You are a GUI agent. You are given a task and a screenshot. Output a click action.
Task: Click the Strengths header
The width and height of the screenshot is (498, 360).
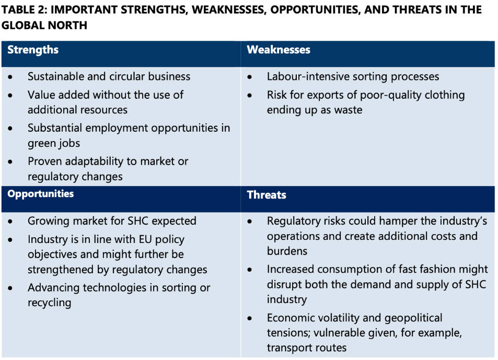tap(33, 50)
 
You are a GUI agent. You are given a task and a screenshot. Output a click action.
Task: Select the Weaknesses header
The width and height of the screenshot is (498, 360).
tap(279, 50)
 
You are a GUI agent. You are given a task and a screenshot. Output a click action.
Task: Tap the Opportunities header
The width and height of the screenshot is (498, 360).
tap(41, 194)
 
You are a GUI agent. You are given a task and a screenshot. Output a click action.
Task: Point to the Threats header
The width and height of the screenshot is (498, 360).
tap(267, 194)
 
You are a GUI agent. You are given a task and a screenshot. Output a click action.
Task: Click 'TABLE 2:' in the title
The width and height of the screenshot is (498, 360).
tap(24, 10)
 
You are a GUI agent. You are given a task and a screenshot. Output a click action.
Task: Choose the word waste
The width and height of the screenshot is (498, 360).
tap(348, 110)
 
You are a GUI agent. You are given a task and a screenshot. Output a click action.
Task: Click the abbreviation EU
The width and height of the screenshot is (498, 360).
tap(145, 239)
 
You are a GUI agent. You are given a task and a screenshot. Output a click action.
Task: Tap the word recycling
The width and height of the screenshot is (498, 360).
tap(49, 303)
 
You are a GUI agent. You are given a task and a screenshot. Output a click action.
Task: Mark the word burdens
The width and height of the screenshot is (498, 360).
tap(287, 251)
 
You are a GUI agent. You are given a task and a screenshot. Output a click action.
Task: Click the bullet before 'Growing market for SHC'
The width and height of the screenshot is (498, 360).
tap(11, 221)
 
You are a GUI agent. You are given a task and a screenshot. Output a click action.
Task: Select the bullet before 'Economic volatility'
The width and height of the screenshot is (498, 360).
tap(250, 318)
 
